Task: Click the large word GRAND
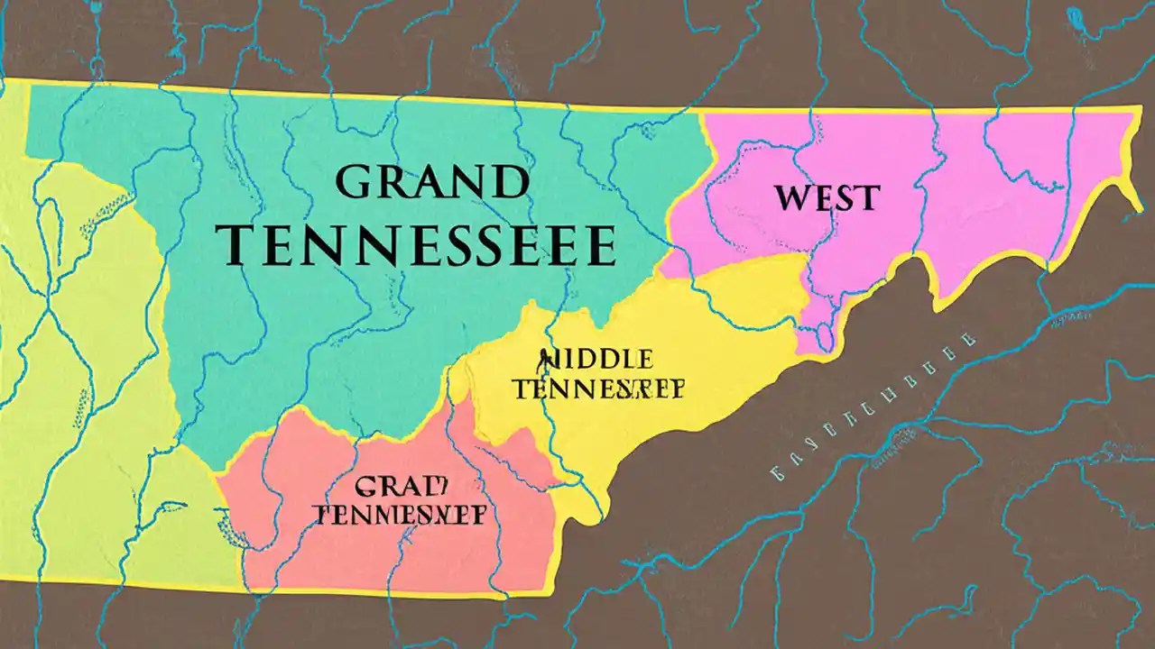click(431, 183)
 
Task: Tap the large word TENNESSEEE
click(421, 244)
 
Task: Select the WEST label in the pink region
click(825, 197)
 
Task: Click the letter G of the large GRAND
click(355, 183)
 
